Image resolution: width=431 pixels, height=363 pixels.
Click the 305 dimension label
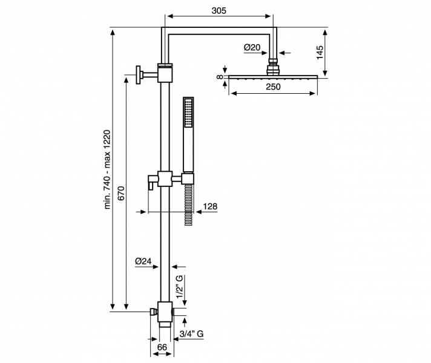(220, 10)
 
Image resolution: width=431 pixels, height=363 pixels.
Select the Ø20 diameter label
(252, 47)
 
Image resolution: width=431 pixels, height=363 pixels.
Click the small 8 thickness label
(219, 77)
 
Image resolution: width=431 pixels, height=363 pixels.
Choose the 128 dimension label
(210, 206)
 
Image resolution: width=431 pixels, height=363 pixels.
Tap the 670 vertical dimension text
(120, 194)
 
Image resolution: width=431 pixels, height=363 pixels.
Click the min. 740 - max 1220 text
(108, 170)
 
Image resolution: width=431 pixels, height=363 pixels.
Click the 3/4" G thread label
(191, 334)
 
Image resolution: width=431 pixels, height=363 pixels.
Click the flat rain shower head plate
(272, 77)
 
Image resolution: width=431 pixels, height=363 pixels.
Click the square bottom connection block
(165, 312)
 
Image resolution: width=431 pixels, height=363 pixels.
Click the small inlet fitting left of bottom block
(153, 312)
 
